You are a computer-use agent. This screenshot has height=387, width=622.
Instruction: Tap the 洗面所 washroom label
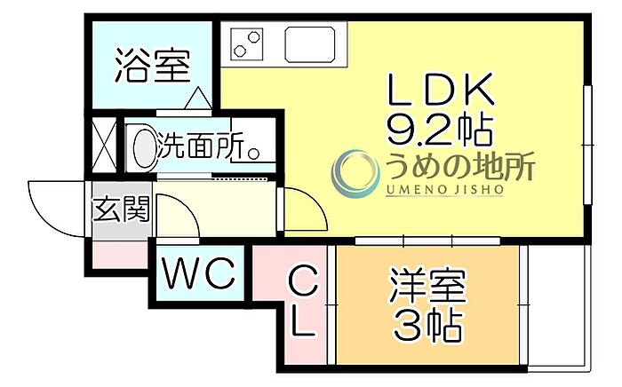200,146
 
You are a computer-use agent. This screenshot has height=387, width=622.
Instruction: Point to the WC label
198,272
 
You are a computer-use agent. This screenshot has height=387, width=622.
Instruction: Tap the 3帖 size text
427,327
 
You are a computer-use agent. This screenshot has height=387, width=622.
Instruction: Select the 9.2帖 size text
439,131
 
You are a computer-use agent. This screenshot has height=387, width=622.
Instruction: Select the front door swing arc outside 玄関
56,204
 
